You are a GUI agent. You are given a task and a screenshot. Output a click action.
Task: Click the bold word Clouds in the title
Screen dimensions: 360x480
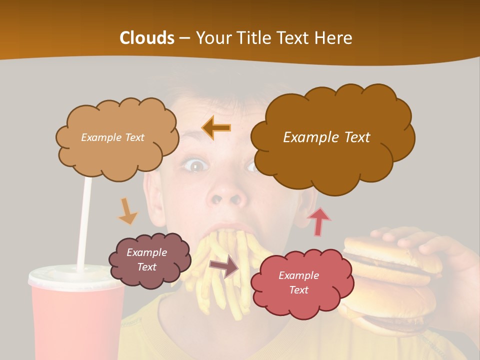pyautogui.click(x=147, y=38)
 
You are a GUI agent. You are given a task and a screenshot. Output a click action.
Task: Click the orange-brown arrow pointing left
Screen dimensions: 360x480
pyautogui.click(x=216, y=128)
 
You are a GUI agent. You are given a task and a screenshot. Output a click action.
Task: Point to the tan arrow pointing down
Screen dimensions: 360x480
pyautogui.click(x=127, y=211)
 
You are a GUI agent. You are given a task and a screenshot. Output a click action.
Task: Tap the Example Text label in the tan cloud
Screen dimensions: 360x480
pyautogui.click(x=112, y=137)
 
